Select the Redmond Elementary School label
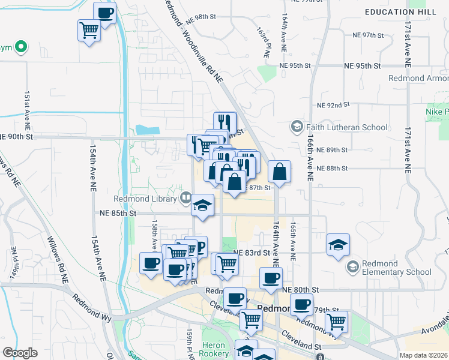(397, 268)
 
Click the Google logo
(20, 353)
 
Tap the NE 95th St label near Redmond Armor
(362, 65)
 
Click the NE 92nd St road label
(333, 105)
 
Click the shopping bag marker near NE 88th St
(280, 172)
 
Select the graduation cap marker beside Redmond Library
(203, 205)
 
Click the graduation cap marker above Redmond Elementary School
(339, 245)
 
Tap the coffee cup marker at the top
(104, 13)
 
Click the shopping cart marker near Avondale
(337, 322)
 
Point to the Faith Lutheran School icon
(297, 127)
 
